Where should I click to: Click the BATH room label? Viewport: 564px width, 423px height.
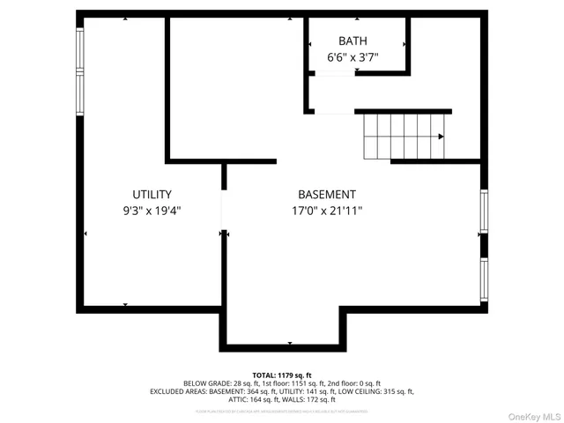(352, 41)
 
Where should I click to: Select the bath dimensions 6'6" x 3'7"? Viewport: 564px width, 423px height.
(352, 57)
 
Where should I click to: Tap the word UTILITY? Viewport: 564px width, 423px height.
(152, 195)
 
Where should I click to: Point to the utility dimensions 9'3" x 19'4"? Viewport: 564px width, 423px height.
(152, 211)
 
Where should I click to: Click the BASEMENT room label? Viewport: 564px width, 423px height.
(327, 195)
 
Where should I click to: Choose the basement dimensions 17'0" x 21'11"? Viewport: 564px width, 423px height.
(327, 211)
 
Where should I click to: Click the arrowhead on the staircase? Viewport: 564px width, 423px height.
(440, 137)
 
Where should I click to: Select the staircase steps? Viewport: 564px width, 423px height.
(401, 137)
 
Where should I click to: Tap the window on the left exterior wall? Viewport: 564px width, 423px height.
(80, 70)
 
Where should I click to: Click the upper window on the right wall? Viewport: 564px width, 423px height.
(484, 211)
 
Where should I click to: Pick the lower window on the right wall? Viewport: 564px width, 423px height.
(484, 278)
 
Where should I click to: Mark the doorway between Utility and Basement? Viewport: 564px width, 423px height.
(224, 210)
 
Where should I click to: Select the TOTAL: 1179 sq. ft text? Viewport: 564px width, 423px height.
(282, 375)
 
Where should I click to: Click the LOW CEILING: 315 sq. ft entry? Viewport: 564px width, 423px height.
(376, 391)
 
